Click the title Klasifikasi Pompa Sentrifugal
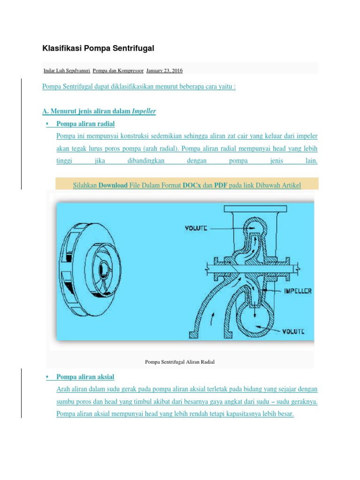coord(98,48)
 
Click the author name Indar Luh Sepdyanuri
coord(67,70)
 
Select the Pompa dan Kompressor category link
coord(118,70)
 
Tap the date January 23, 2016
coord(165,70)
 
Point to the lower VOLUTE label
coord(293,331)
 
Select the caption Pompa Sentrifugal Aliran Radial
coord(180,362)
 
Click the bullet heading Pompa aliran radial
coord(85,124)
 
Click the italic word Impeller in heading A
coord(144,111)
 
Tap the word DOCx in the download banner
coord(192,186)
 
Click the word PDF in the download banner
coord(221,186)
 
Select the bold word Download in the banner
coord(113,186)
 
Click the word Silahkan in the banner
coord(85,186)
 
